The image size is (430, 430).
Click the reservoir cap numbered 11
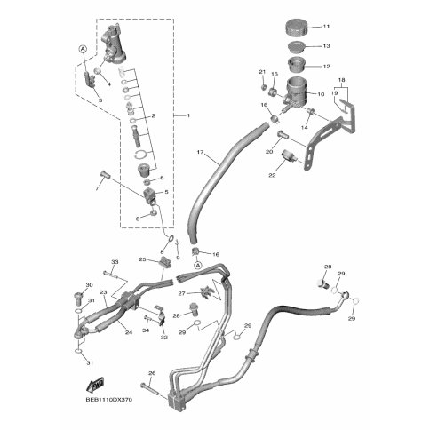point(296,28)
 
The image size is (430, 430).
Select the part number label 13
point(326,46)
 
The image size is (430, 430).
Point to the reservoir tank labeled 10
point(296,92)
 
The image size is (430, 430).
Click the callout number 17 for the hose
point(200,152)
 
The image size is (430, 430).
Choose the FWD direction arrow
point(95,384)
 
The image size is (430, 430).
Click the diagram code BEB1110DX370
point(109,400)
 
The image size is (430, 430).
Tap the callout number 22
point(272,175)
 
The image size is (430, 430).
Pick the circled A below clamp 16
point(198,266)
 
